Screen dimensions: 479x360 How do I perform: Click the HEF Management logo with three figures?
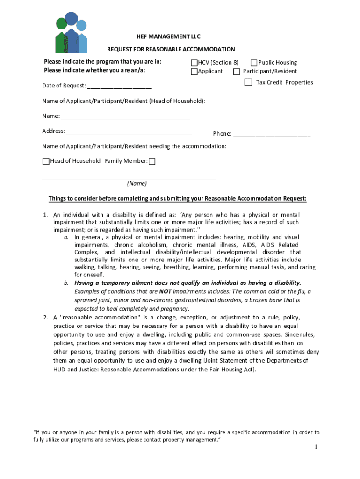[72, 33]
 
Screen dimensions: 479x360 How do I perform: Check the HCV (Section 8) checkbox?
[194, 63]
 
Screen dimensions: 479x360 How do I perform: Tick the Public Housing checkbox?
[254, 63]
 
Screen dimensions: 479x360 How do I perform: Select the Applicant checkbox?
[194, 72]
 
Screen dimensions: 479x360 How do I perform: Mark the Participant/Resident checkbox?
[237, 72]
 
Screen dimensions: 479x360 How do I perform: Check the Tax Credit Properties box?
[248, 83]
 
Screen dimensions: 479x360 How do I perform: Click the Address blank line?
[129, 132]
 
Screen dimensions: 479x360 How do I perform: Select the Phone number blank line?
[272, 135]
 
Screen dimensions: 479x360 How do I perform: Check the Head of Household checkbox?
[46, 161]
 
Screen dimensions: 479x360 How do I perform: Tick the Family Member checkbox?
[152, 161]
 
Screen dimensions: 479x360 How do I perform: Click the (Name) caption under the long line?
[137, 184]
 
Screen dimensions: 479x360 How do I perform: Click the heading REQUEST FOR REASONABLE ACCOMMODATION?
[171, 49]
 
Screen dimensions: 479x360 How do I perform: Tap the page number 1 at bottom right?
[316, 447]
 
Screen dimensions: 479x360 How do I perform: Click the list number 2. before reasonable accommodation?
[45, 318]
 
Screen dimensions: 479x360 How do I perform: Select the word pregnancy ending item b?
[175, 309]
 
